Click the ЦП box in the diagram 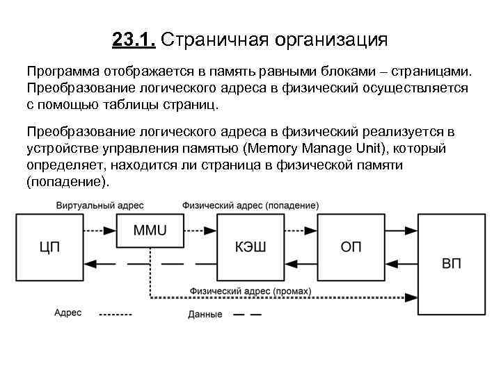[49, 247]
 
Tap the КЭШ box [251, 247]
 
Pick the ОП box [351, 247]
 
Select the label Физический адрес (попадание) [250, 205]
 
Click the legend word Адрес [68, 313]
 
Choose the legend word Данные [205, 315]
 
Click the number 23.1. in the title [134, 40]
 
